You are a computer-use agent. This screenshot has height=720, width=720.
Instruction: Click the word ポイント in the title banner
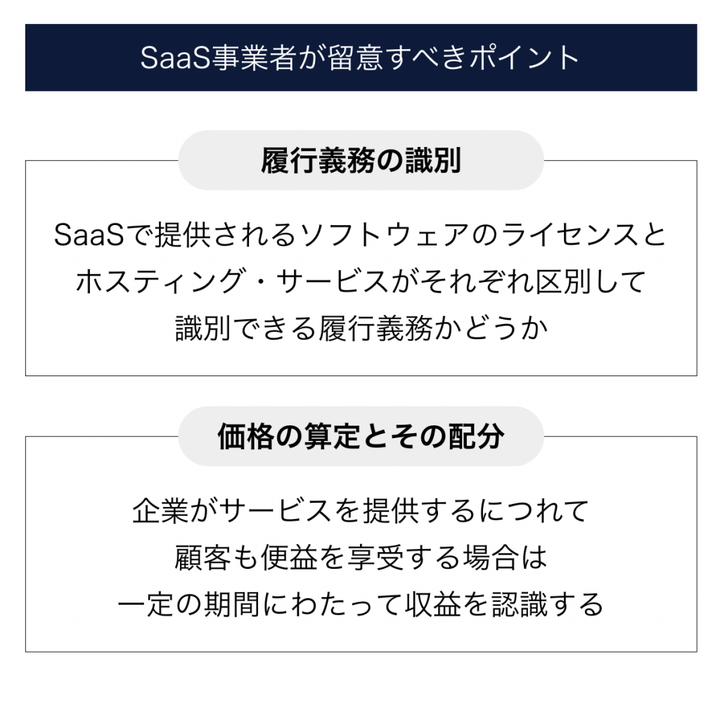523,58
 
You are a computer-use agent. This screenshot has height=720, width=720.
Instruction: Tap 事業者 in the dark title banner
254,58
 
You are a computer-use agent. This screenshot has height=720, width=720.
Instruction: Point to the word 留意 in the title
355,58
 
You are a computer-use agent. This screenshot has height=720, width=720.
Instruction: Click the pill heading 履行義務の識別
361,161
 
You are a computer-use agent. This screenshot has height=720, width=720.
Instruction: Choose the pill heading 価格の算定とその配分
361,436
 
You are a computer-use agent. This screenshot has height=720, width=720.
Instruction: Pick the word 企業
160,510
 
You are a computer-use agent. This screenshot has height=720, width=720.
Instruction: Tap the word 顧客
202,558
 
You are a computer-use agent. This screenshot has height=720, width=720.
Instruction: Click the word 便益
289,558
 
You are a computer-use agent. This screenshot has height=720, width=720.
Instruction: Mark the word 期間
232,604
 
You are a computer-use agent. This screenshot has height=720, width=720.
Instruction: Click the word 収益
433,604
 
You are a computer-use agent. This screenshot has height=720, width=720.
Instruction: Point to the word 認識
520,604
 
